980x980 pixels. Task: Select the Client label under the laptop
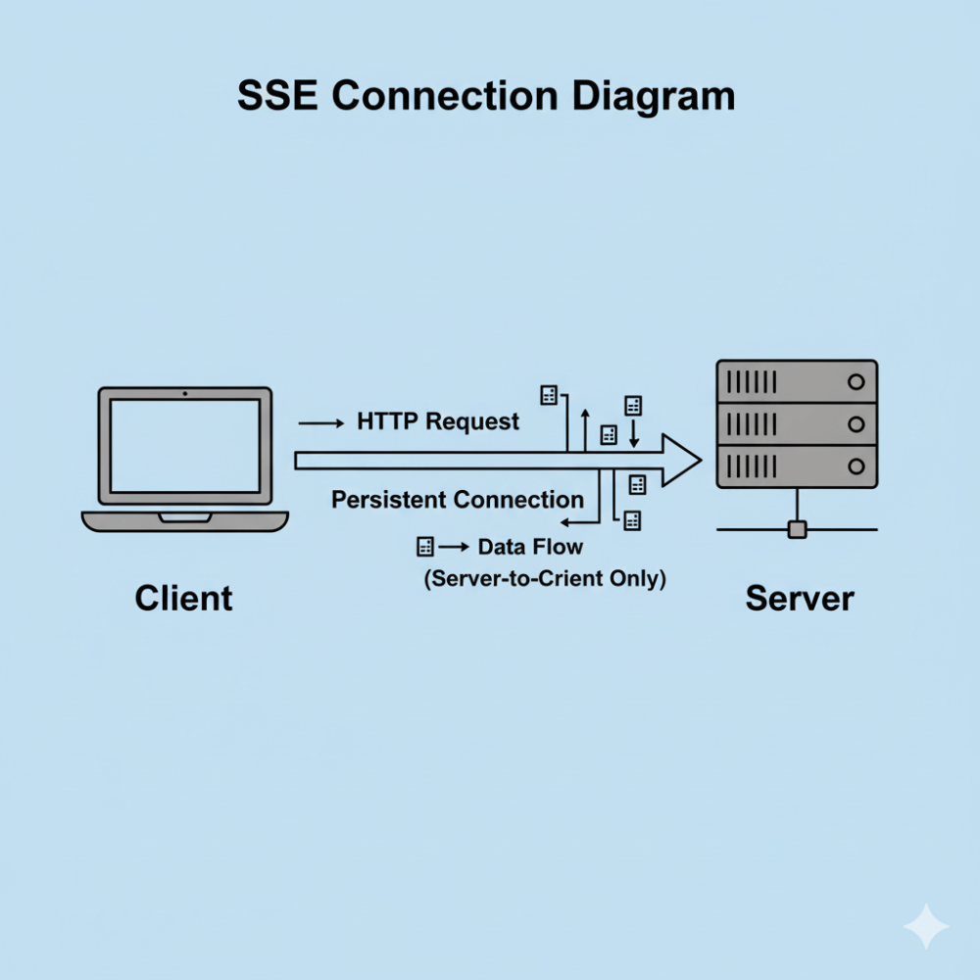coord(184,598)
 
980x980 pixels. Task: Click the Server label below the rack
coord(800,598)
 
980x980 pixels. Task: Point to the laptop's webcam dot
coord(185,394)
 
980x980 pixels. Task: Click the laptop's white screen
coord(185,446)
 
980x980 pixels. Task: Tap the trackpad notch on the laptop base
coord(185,515)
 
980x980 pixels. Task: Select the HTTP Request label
coord(438,422)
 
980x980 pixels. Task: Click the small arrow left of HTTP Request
coord(319,423)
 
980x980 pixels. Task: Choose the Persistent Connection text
coord(458,500)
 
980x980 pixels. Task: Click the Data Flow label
coord(530,547)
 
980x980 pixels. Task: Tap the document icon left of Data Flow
coord(424,547)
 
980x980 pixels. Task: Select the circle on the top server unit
coord(856,382)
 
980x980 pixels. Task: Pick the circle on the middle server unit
coord(856,424)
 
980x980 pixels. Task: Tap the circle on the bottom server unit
coord(856,466)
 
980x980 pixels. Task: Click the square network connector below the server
coord(797,530)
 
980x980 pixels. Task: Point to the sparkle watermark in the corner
coord(925,926)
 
